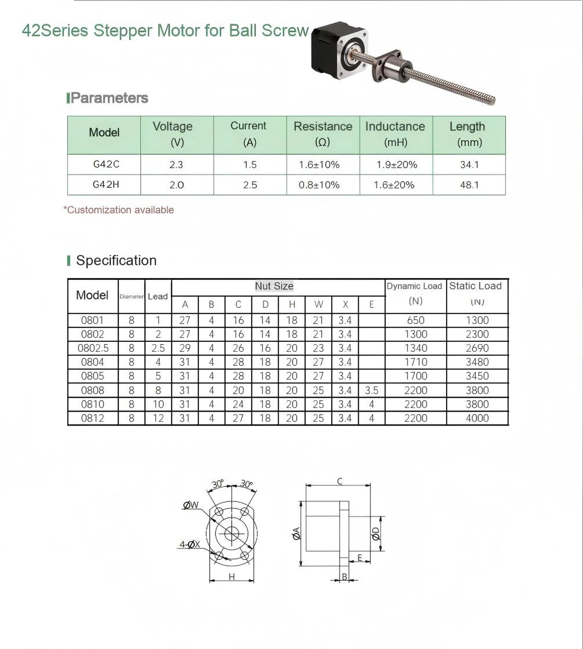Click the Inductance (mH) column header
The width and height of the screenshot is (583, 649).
(x=395, y=134)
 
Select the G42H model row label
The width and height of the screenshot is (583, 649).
(x=106, y=184)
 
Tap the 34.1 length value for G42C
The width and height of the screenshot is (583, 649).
(x=469, y=165)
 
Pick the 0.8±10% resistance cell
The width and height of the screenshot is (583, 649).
(x=319, y=185)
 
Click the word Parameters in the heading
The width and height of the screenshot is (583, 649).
(x=110, y=98)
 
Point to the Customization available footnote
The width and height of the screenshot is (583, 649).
(x=119, y=210)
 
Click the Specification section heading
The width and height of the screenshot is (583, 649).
(x=116, y=260)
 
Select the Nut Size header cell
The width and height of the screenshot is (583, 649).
(x=274, y=286)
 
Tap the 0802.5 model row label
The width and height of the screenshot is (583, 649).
(x=93, y=348)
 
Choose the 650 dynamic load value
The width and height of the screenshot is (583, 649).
(x=416, y=320)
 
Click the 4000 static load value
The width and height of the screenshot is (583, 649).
(x=477, y=418)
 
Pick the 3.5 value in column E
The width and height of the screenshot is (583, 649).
(x=371, y=390)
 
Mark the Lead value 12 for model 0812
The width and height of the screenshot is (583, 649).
(x=158, y=418)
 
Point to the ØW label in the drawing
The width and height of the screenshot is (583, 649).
(x=191, y=505)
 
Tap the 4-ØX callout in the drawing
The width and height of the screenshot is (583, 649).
(x=190, y=544)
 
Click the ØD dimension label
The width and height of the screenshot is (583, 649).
(x=376, y=533)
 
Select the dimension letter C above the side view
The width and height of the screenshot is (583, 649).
(x=340, y=481)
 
